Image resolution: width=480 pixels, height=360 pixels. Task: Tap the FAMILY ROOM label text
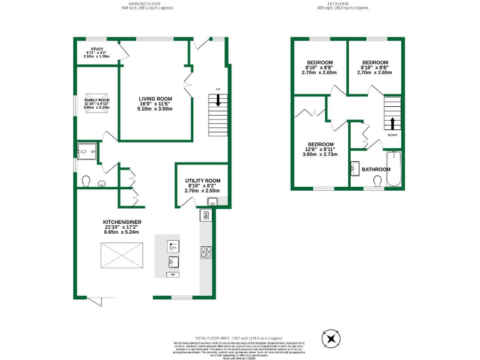(x=96, y=100)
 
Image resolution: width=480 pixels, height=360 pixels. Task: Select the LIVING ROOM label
(x=155, y=99)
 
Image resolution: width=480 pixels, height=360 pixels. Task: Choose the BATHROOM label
(x=376, y=169)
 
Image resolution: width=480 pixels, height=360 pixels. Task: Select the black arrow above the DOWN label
(x=392, y=122)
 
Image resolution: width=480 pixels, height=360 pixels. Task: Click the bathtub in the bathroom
(x=394, y=169)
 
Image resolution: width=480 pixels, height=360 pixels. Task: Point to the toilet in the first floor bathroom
(x=377, y=181)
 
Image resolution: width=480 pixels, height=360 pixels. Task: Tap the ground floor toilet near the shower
(x=87, y=181)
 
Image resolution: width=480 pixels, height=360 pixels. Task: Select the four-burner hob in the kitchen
(x=206, y=252)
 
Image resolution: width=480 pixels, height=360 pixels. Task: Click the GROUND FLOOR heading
(x=147, y=3)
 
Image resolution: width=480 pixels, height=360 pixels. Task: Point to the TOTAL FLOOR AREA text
(x=240, y=337)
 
